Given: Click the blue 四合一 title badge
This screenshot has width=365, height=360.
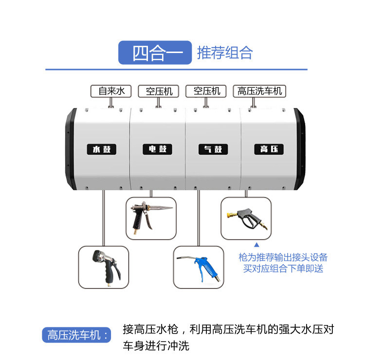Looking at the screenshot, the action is pos(155,53).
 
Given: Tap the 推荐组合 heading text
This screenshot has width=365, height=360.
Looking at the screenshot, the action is pos(225,53).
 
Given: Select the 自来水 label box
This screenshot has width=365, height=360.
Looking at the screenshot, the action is pos(111,91).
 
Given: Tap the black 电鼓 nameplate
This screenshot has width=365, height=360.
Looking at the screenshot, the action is pos(158,149).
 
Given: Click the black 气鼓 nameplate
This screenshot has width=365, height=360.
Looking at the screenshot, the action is pos(213,149).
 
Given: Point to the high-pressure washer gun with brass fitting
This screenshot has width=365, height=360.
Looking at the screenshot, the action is pos(245,218).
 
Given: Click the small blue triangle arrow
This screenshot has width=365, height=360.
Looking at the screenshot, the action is pos(250,246).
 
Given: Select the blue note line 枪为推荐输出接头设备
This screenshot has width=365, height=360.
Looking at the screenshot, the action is pos(283,257).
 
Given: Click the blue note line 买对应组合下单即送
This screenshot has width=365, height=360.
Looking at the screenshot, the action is pos(283,268).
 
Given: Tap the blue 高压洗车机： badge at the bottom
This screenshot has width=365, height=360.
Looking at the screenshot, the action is pos(76,335).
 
